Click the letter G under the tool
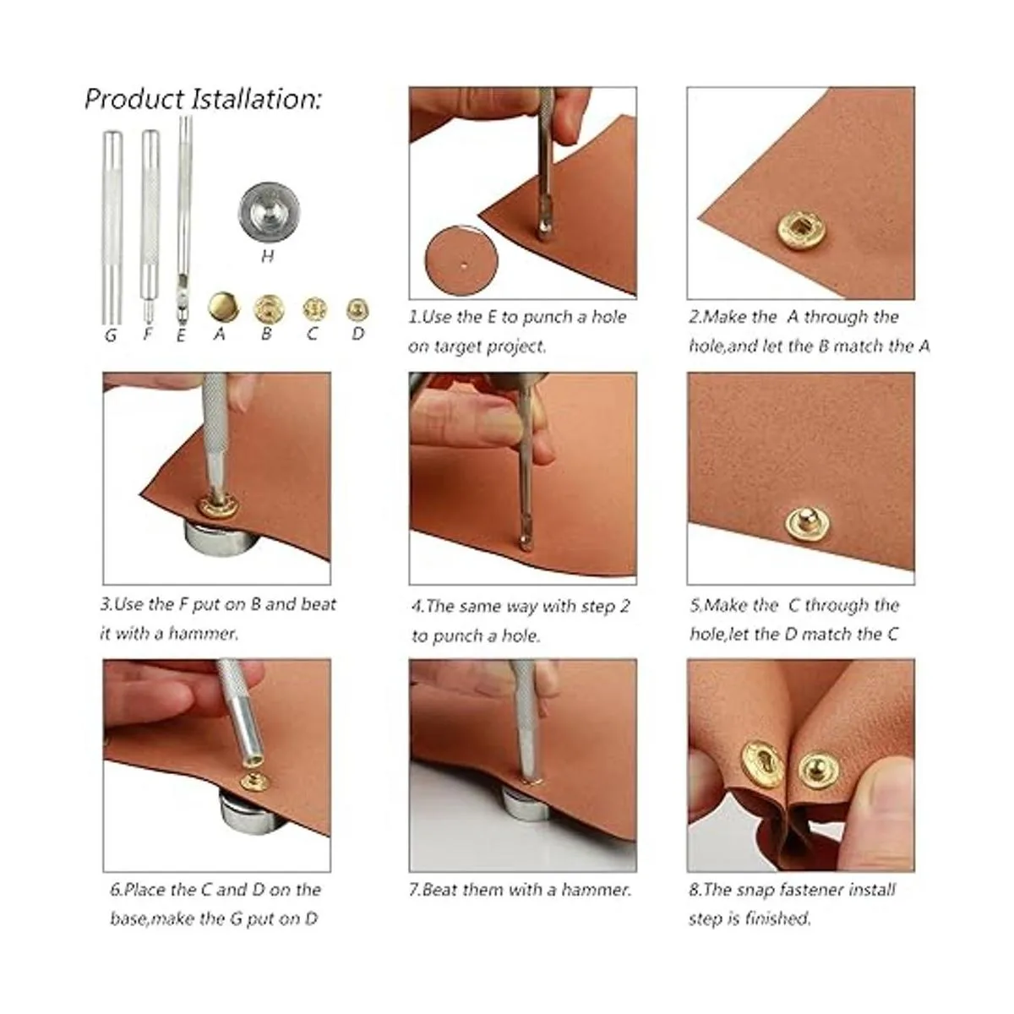pyautogui.click(x=111, y=335)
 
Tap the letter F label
pyautogui.click(x=149, y=334)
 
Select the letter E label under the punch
pyautogui.click(x=181, y=335)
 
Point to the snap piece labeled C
pyautogui.click(x=314, y=309)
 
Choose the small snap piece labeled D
pyautogui.click(x=357, y=310)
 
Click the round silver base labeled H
pyautogui.click(x=270, y=212)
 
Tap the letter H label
pyautogui.click(x=268, y=256)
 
